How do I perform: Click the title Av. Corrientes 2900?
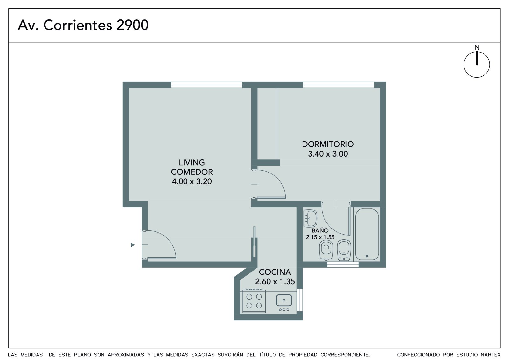click(x=83, y=25)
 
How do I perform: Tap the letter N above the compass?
click(x=477, y=47)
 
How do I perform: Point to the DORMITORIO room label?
click(x=328, y=144)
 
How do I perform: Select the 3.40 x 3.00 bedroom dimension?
click(x=328, y=154)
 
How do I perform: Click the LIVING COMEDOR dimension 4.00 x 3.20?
click(x=192, y=181)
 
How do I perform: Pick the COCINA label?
click(x=275, y=272)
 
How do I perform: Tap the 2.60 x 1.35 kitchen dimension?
click(x=275, y=282)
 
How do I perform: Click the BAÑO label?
click(x=320, y=230)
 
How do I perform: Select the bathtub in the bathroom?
click(x=367, y=234)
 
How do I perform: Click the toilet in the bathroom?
click(x=326, y=250)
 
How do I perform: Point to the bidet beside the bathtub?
click(x=344, y=250)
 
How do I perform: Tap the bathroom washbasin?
click(x=310, y=218)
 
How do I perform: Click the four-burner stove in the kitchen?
click(x=254, y=301)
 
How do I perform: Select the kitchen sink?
click(x=284, y=300)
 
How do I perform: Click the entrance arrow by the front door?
click(x=133, y=245)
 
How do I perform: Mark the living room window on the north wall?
click(x=206, y=85)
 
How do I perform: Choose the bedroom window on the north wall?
click(x=338, y=85)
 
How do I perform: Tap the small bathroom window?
click(x=343, y=265)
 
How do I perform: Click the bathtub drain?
click(x=367, y=256)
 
